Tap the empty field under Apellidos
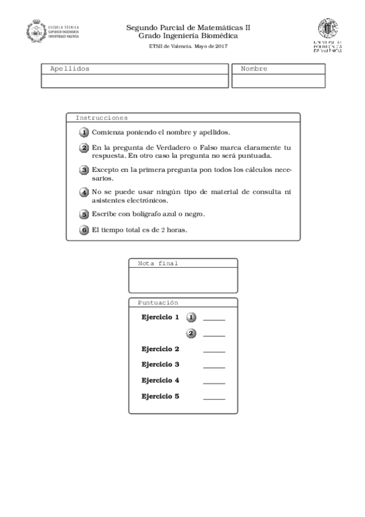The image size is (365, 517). [x=135, y=81]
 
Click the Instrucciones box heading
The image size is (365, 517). [x=101, y=118]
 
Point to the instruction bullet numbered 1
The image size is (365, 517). [x=84, y=132]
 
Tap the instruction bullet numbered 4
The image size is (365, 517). [x=84, y=192]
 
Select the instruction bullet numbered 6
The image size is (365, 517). [x=84, y=230]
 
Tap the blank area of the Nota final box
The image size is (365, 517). [x=183, y=280]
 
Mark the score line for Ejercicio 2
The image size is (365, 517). [x=214, y=352]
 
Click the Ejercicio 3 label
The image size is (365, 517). [x=160, y=365]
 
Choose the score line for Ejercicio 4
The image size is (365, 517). [x=214, y=383]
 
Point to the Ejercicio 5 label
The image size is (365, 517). [x=160, y=396]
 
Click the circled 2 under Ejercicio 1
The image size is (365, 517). [x=191, y=333]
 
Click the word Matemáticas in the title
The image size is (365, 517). [x=213, y=27]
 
